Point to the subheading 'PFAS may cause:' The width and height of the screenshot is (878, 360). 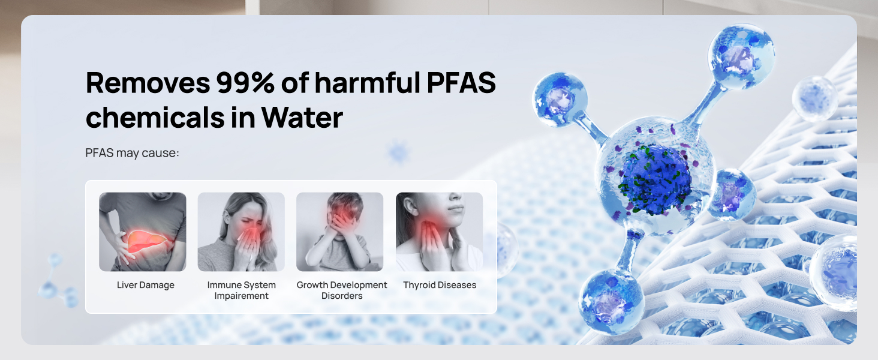[x=133, y=153]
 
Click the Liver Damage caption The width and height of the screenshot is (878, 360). [x=146, y=285]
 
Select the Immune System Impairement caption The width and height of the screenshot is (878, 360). [x=242, y=290]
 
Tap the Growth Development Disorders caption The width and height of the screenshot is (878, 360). [x=342, y=290]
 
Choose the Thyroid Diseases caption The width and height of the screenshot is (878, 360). [x=440, y=285]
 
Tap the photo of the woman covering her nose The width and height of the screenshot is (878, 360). [x=241, y=232]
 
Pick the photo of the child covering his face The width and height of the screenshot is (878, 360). [x=339, y=232]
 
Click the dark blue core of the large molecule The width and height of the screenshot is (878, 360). [x=656, y=179]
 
